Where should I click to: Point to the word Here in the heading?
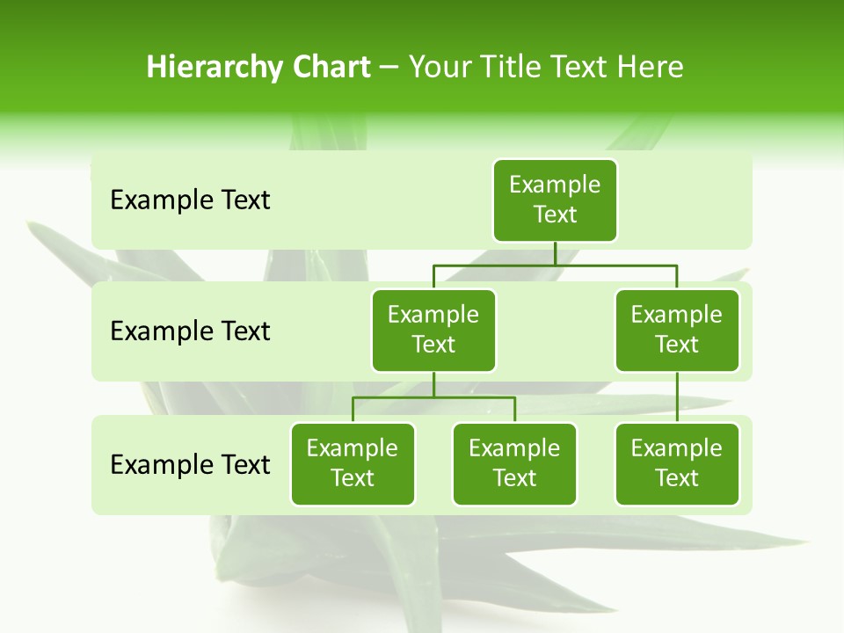pos(650,67)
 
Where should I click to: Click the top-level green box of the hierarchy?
pos(555,200)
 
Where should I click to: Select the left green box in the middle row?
pos(433,330)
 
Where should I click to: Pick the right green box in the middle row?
pos(677,330)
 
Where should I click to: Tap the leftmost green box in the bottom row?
pos(353,463)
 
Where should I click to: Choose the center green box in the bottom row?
pos(514,463)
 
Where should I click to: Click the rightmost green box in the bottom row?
pos(677,463)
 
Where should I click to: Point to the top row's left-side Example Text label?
pos(190,200)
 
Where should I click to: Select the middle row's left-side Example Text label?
pos(190,331)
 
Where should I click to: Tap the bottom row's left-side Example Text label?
pos(190,464)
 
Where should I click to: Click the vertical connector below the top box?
pos(555,253)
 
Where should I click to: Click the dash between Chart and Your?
pos(389,67)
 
